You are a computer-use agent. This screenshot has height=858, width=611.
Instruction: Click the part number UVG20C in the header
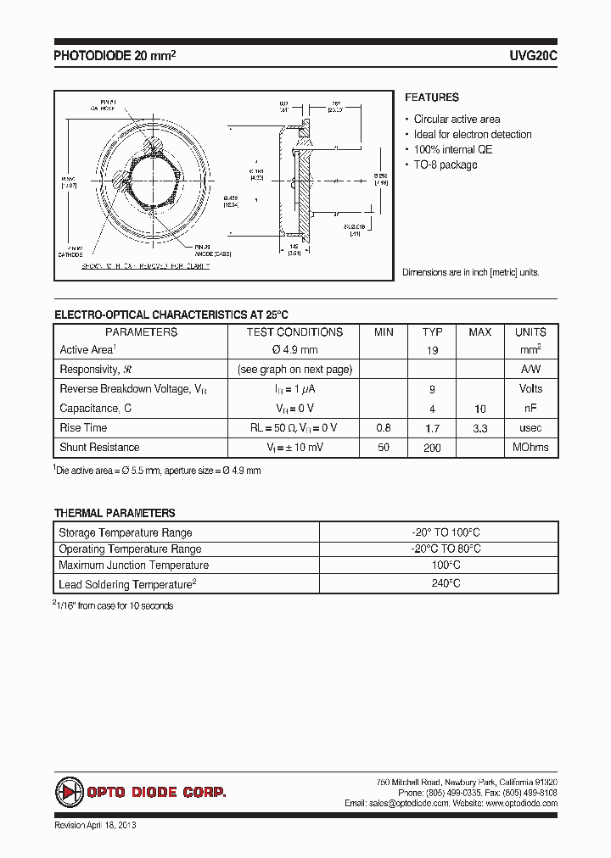tap(533, 55)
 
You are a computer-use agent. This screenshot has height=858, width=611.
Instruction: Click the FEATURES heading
tap(431, 97)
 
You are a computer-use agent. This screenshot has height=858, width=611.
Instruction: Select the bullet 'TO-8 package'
tap(446, 164)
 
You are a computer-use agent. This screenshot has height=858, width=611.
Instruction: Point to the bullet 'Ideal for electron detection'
tap(473, 134)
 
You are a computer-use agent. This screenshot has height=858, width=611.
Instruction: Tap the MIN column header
tap(384, 332)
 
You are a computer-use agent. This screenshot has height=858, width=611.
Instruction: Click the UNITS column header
tap(530, 332)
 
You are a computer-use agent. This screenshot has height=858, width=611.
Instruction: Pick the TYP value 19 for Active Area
tap(432, 350)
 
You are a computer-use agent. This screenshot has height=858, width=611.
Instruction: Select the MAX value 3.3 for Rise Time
tap(480, 428)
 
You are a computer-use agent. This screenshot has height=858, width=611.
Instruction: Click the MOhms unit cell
tap(530, 447)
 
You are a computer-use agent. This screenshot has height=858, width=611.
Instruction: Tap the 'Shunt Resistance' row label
tap(99, 447)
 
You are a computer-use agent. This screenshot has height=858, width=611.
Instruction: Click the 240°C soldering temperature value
tap(438, 583)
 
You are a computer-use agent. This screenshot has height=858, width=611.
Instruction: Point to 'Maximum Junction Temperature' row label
tap(133, 565)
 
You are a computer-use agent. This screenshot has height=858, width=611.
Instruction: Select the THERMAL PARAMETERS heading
tap(115, 513)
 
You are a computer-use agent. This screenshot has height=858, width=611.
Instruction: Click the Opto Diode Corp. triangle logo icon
tap(68, 792)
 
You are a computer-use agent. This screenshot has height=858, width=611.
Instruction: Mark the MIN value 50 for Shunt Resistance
tap(384, 447)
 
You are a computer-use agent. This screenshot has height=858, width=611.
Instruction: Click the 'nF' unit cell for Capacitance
tap(530, 409)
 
